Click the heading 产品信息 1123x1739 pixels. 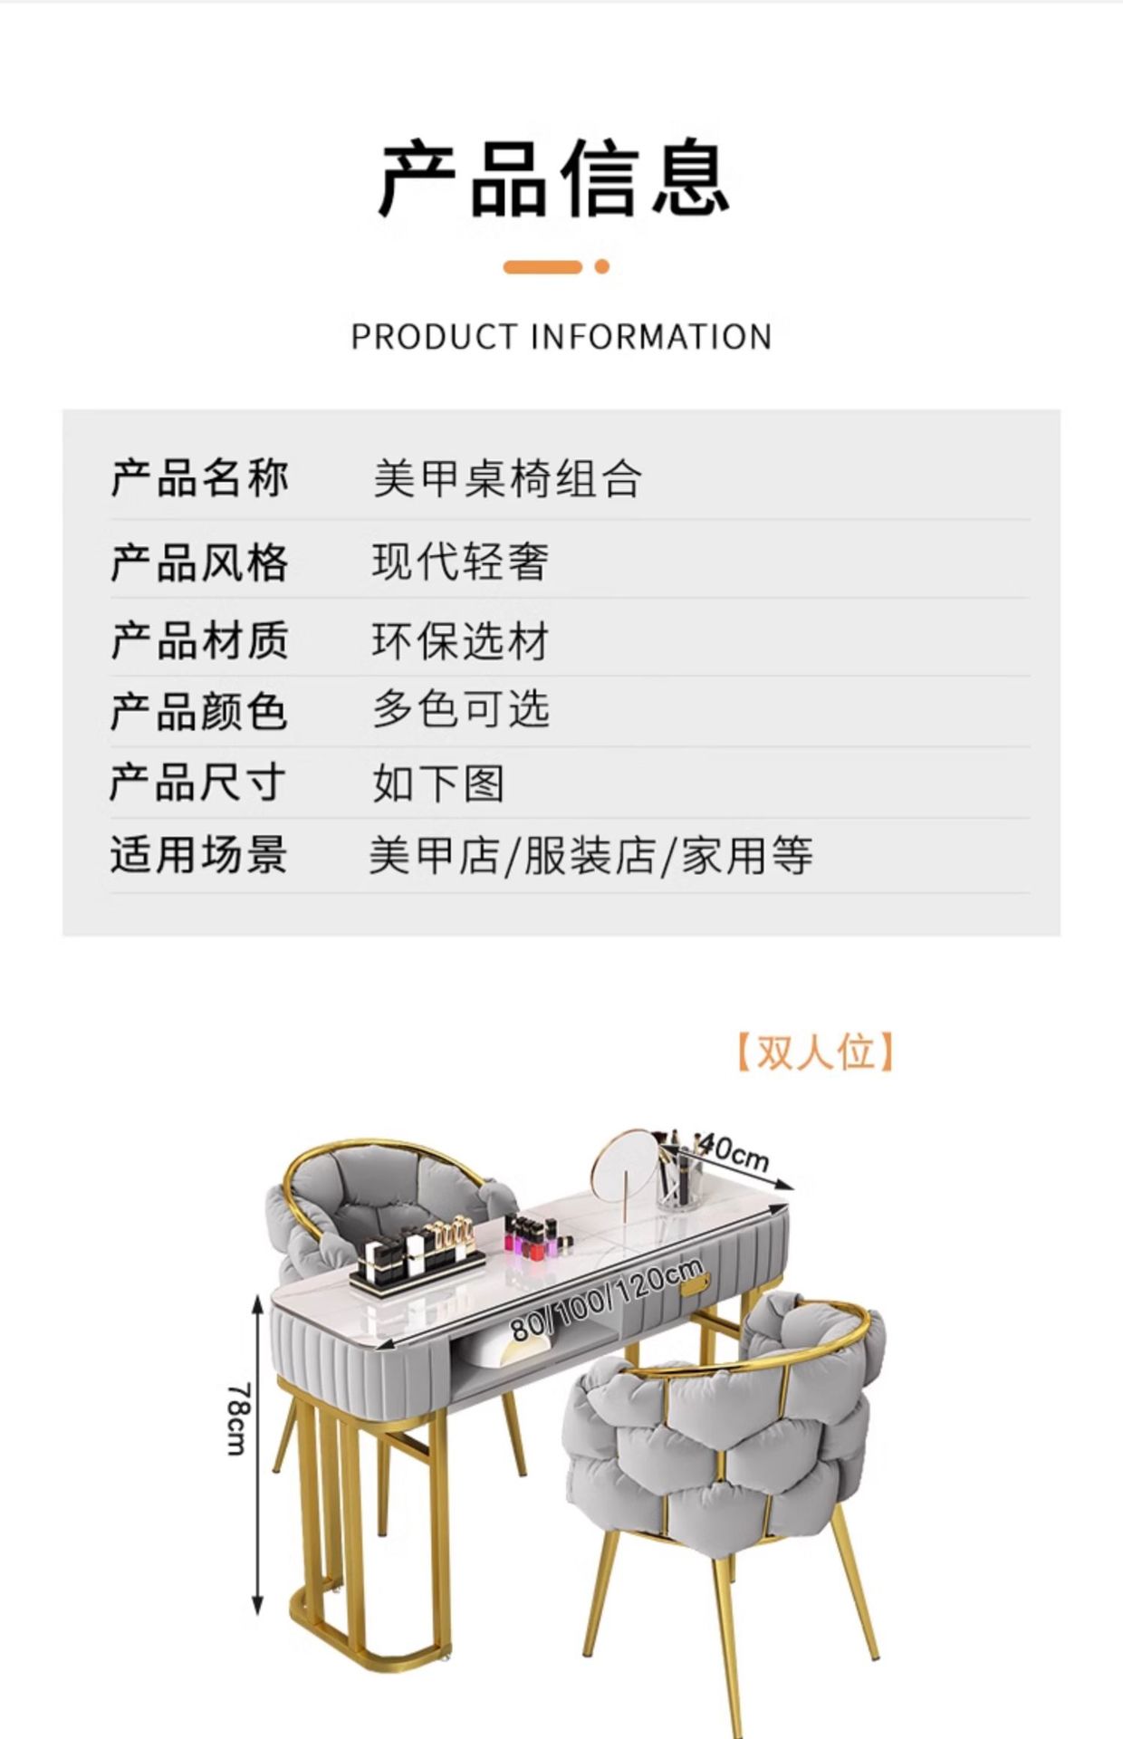(x=554, y=178)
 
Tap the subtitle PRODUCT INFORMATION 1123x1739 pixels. (x=561, y=337)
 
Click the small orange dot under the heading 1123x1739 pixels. (x=601, y=266)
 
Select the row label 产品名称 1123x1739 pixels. (x=199, y=478)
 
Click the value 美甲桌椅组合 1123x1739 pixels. (x=507, y=478)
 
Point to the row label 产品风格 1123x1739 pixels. (x=199, y=562)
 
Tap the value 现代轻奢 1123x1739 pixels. (x=460, y=562)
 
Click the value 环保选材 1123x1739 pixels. (x=460, y=641)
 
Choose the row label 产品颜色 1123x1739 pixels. (x=199, y=712)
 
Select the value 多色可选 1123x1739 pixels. (x=460, y=709)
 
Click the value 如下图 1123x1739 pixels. (x=438, y=783)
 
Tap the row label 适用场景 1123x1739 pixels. (x=199, y=855)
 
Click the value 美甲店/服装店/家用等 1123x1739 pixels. (x=590, y=856)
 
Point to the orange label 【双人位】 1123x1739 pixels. (x=814, y=1052)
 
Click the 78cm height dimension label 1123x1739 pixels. (x=236, y=1418)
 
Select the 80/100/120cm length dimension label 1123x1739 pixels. (x=607, y=1301)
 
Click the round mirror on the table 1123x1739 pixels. (x=625, y=1164)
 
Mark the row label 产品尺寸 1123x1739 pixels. (x=199, y=783)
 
